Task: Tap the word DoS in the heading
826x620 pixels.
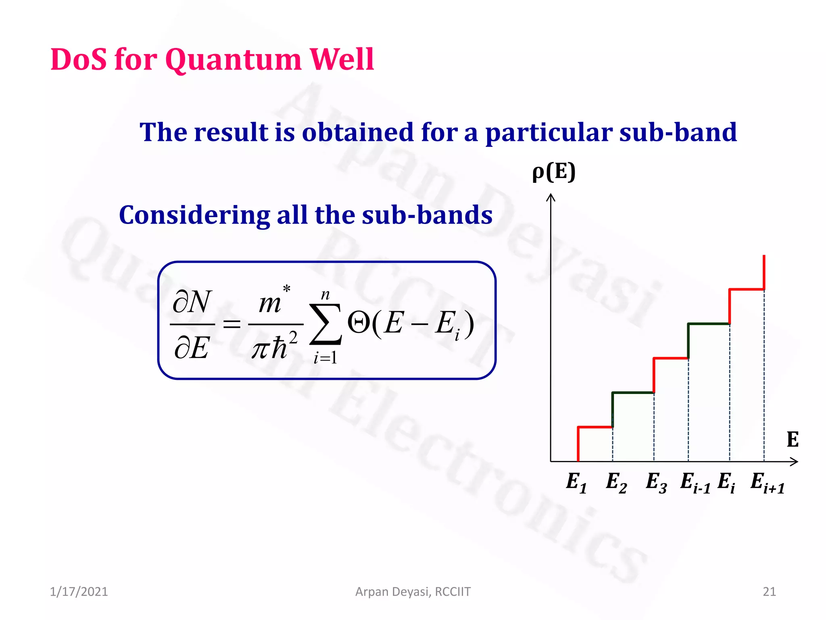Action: pyautogui.click(x=79, y=59)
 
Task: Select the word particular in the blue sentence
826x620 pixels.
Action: pyautogui.click(x=549, y=132)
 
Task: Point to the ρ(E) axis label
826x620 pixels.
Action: pyautogui.click(x=554, y=172)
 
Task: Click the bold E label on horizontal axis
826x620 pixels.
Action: pyautogui.click(x=792, y=440)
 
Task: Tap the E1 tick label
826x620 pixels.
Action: pyautogui.click(x=576, y=482)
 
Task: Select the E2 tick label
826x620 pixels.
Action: pyautogui.click(x=616, y=482)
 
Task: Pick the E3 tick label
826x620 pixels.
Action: pyautogui.click(x=656, y=482)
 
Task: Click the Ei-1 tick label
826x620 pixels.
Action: pyautogui.click(x=695, y=482)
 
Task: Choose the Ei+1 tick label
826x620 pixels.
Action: pyautogui.click(x=767, y=482)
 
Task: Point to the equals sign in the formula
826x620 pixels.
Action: pyautogui.click(x=232, y=324)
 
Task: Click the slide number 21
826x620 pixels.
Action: pyautogui.click(x=769, y=591)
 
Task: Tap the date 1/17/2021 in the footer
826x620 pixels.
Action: pyautogui.click(x=79, y=591)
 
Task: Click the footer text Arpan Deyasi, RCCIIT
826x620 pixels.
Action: pyautogui.click(x=413, y=591)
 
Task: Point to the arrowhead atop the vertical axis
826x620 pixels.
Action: pyautogui.click(x=551, y=197)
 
